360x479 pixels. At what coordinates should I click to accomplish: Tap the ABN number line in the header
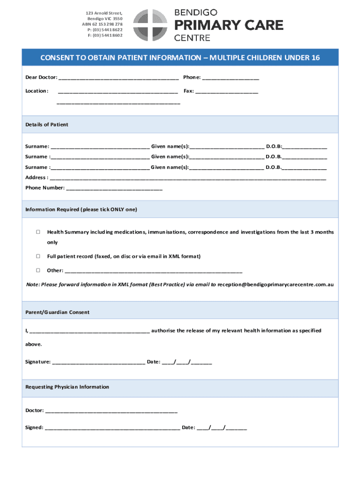coord(102,24)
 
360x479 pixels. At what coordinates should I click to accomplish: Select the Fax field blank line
coord(227,92)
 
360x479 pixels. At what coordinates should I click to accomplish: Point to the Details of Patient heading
coord(47,125)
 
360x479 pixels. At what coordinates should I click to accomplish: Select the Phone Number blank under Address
coord(115,189)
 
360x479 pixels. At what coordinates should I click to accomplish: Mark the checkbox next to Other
coord(38,270)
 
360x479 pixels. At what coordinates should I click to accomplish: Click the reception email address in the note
coord(276,284)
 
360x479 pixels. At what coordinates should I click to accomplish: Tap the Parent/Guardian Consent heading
coord(58,312)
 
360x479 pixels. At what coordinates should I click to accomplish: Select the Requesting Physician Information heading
coord(67,387)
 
